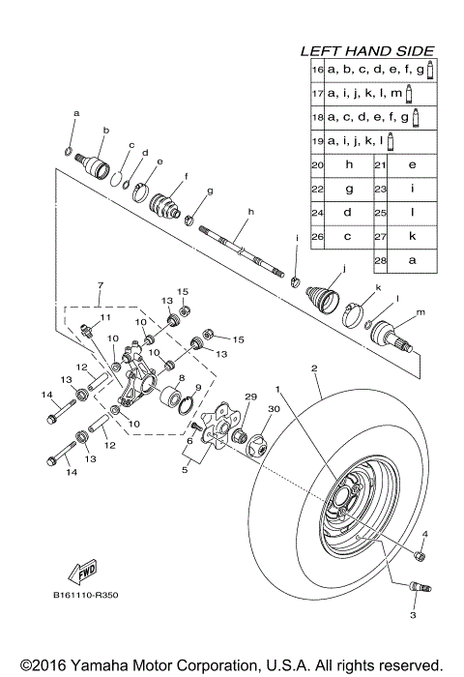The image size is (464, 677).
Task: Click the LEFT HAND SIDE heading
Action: [x=367, y=51]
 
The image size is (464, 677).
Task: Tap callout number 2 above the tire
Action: [x=313, y=368]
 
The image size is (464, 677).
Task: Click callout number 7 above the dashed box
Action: [x=99, y=286]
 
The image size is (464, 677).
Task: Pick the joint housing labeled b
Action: [x=98, y=163]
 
